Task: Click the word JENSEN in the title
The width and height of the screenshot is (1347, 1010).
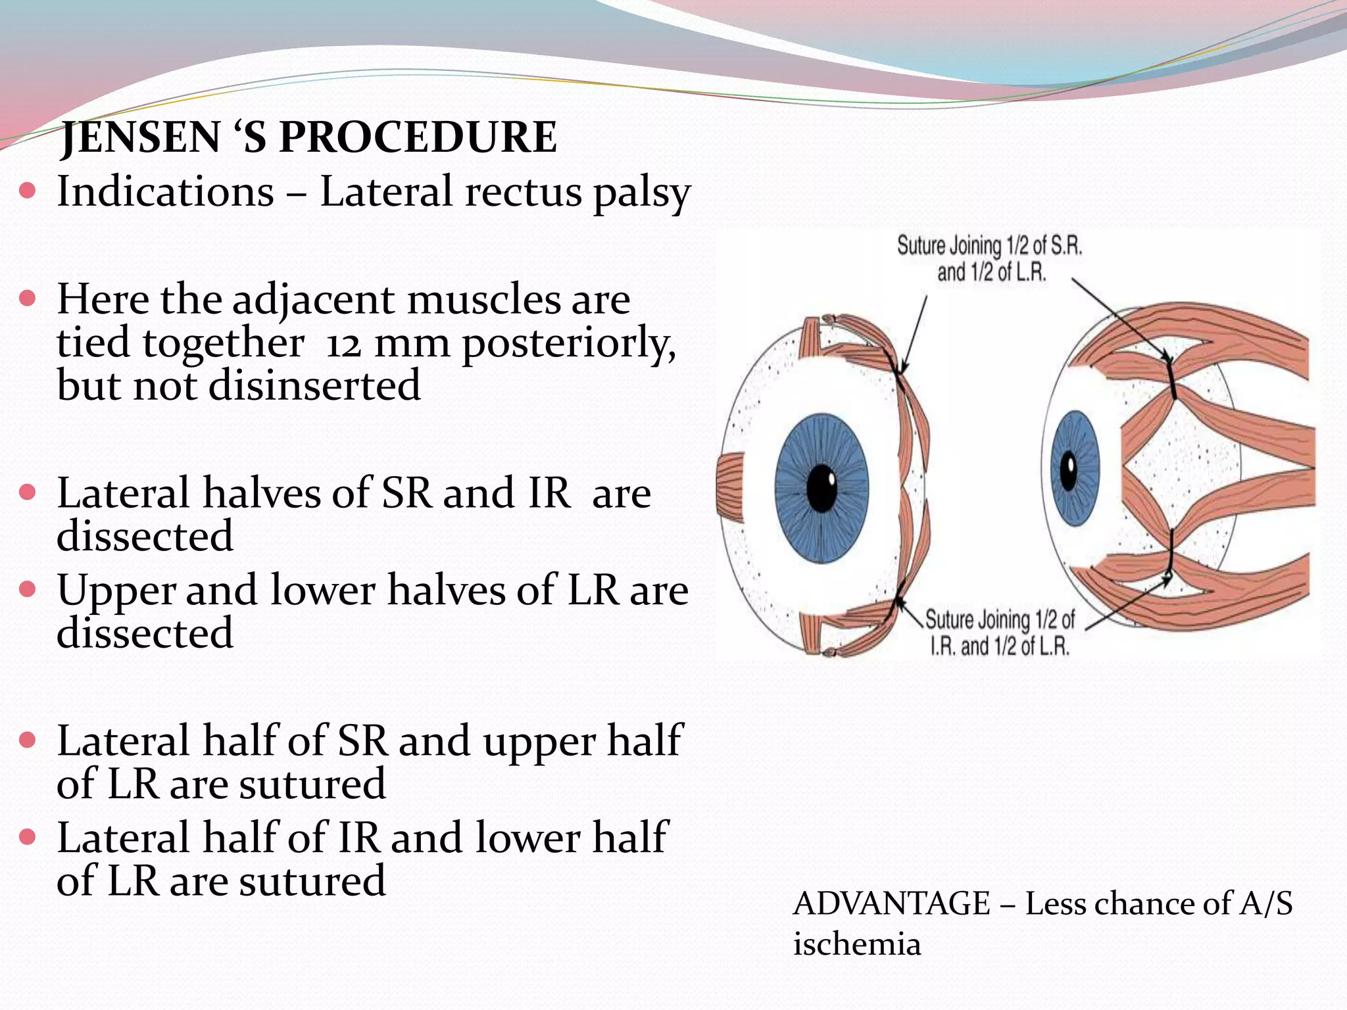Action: tap(140, 137)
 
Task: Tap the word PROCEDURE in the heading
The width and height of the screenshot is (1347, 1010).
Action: tap(418, 137)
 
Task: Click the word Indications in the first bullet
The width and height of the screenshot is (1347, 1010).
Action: tap(165, 192)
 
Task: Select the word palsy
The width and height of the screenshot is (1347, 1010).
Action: tap(641, 193)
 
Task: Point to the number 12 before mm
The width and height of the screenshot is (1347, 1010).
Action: tap(344, 344)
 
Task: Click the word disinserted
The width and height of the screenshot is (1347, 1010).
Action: tap(314, 385)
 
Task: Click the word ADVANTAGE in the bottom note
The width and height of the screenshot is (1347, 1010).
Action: tap(891, 903)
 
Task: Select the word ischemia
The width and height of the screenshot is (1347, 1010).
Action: tap(856, 944)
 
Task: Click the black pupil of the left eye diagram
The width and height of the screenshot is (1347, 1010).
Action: tap(821, 488)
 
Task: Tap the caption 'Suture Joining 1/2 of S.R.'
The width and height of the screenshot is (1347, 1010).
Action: tap(989, 246)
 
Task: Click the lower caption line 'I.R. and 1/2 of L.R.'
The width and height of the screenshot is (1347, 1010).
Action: tap(999, 646)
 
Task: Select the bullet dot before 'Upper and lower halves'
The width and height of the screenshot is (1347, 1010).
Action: tap(27, 589)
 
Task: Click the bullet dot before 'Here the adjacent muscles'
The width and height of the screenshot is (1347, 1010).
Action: tap(27, 299)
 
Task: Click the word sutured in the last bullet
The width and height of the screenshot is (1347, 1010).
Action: tap(312, 881)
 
